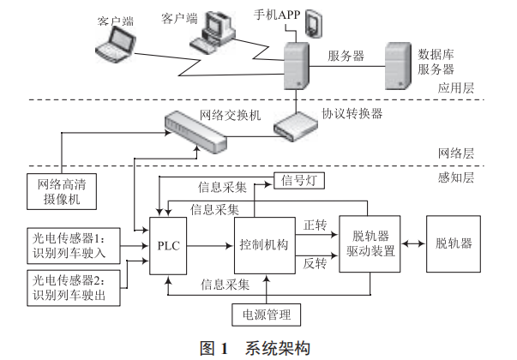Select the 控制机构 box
[x=264, y=245]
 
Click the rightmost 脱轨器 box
[x=454, y=243]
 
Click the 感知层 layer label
[x=454, y=178]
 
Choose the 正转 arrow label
[x=315, y=225]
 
